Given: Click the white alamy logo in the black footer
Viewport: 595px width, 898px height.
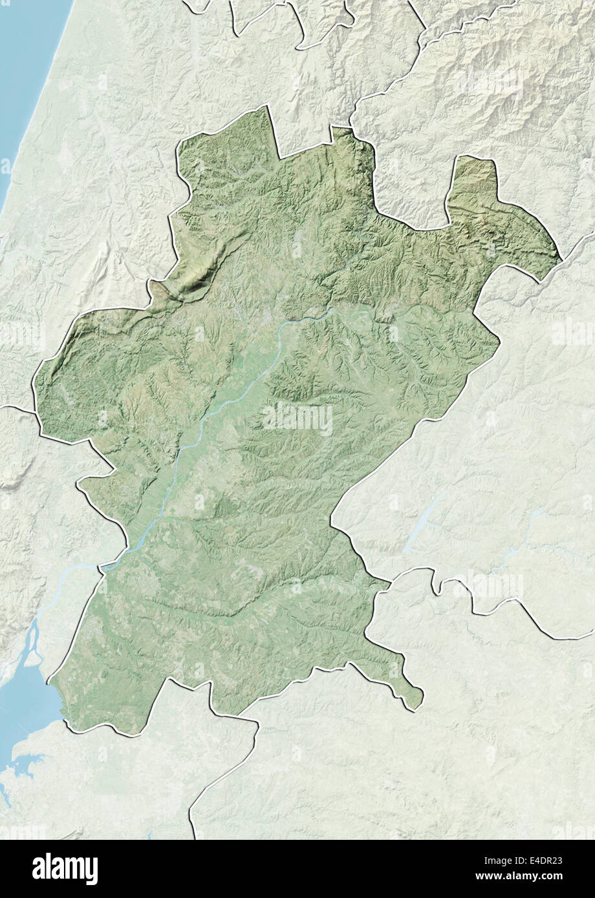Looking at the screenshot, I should click(65, 868).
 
